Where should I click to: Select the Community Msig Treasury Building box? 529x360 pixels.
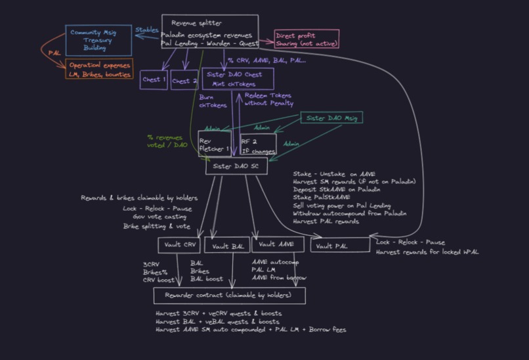[x=98, y=40]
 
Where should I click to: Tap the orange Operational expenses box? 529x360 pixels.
[x=100, y=70]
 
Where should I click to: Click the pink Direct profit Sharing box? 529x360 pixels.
[x=306, y=39]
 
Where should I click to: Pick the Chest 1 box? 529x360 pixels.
[x=154, y=80]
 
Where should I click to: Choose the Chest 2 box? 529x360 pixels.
[x=184, y=81]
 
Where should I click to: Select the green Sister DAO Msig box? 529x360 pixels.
[x=331, y=118]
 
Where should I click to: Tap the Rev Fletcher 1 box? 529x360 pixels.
[x=215, y=144]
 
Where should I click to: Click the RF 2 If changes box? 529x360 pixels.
[x=257, y=144]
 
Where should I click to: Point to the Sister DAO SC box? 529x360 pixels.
[x=236, y=167]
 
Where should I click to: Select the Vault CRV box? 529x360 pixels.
[x=179, y=246]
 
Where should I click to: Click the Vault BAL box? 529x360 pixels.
[x=226, y=246]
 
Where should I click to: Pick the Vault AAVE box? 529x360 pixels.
[x=278, y=244]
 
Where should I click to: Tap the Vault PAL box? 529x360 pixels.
[x=339, y=246]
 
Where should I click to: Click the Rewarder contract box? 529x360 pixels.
[x=230, y=296]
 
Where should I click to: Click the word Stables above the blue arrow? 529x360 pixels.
[x=146, y=30]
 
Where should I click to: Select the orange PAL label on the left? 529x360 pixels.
[x=54, y=52]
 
